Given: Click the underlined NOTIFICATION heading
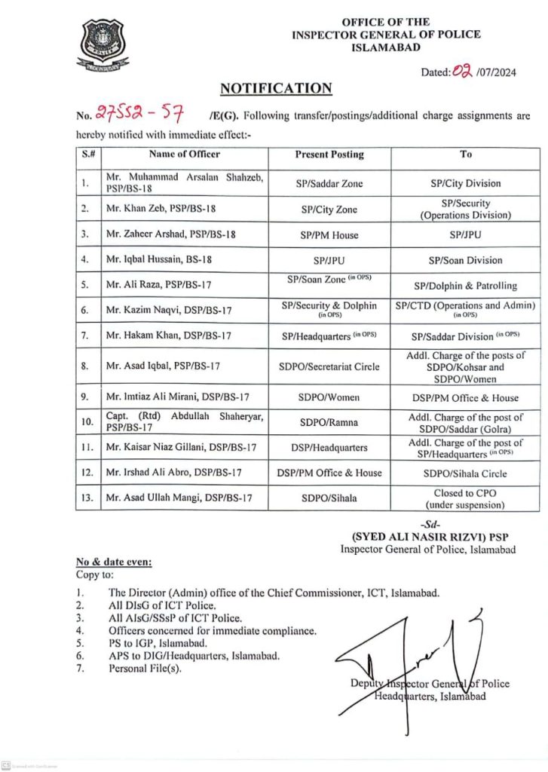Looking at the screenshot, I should coord(275,88).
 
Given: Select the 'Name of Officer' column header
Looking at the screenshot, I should coord(185,154).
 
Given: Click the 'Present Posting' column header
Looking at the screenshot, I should coord(329,154).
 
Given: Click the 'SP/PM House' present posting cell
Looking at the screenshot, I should coord(329,234).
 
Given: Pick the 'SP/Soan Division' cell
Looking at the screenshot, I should coord(466,260).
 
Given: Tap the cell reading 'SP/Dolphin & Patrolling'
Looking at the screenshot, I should coord(466,286).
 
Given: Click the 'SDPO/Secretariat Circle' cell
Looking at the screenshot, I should coord(329,366).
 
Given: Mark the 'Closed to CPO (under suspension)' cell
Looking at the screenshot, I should coord(466,498).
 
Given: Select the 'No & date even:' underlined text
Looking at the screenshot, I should coord(113,562).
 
